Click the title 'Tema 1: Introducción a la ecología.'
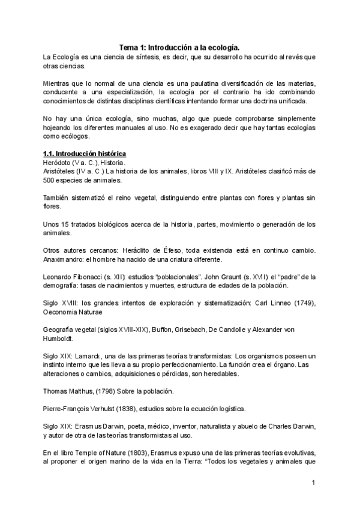(x=179, y=47)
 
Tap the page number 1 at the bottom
(x=314, y=483)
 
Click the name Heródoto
(x=58, y=163)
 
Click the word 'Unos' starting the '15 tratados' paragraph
(x=52, y=224)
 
